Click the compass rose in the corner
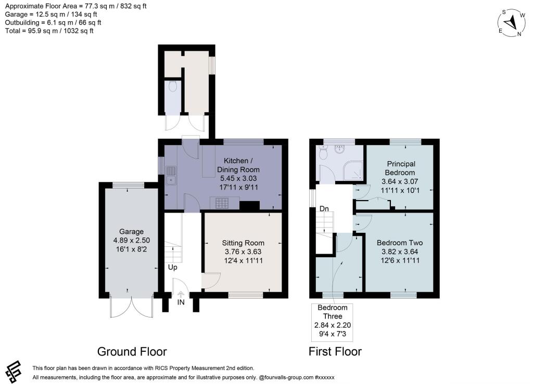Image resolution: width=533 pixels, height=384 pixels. (512, 23)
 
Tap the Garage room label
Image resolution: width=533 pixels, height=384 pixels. (131, 240)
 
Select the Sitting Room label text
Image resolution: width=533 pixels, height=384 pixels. (243, 251)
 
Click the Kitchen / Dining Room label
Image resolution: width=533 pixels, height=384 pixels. (238, 174)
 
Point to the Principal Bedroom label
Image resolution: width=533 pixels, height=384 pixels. (400, 177)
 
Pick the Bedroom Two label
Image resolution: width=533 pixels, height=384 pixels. (400, 251)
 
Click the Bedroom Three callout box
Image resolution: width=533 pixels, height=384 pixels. (332, 322)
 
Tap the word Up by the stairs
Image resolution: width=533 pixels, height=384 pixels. (173, 267)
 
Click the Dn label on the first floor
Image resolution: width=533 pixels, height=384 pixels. (324, 208)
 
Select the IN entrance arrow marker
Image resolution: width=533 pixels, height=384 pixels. (181, 295)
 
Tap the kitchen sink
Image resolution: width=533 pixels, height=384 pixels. (171, 176)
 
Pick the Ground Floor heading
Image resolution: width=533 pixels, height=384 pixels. (132, 351)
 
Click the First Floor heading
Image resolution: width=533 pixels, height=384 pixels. (335, 351)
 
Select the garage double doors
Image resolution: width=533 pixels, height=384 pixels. (132, 307)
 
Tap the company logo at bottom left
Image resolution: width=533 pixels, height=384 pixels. (14, 372)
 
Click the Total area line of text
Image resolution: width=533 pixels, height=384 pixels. (49, 31)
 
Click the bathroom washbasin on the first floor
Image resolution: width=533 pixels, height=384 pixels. (339, 149)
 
